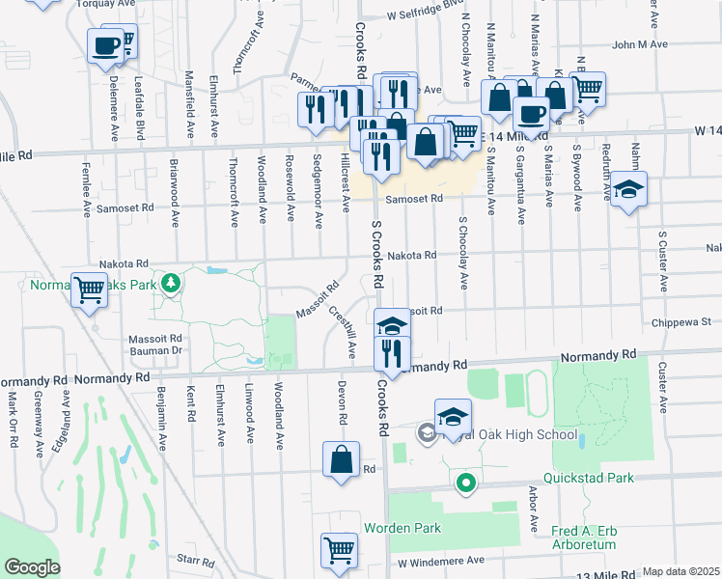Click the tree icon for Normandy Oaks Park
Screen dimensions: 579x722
tap(171, 283)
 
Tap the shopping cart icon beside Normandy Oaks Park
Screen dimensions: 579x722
tap(90, 289)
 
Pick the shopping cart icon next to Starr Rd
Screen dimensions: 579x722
tap(339, 551)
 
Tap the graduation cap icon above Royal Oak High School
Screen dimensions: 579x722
tap(453, 417)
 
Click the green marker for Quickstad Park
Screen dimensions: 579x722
tap(465, 482)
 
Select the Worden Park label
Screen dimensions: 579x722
tap(402, 528)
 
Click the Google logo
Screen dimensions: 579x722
tap(32, 567)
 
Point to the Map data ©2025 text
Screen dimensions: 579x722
tap(680, 571)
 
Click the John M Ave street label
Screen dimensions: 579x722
tap(639, 44)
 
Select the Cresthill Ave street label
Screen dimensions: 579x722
tap(343, 330)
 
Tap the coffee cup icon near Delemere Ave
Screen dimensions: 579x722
tap(106, 44)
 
